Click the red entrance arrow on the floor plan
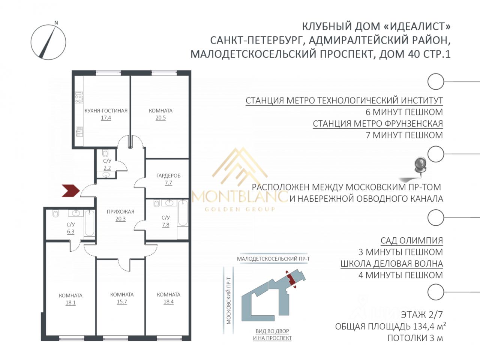tap(71, 191)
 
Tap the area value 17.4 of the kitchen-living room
tap(106, 118)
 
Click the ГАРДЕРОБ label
tap(168, 175)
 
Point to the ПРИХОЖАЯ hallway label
tap(120, 211)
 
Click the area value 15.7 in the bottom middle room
tap(122, 301)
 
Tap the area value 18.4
tap(168, 301)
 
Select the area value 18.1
tap(70, 303)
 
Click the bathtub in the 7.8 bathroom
tap(183, 213)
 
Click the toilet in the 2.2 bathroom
tap(105, 153)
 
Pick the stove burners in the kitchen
tap(79, 97)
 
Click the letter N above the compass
tap(56, 23)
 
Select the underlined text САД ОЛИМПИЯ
tap(412, 240)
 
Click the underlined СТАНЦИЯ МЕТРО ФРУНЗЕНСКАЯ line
tap(378, 123)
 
